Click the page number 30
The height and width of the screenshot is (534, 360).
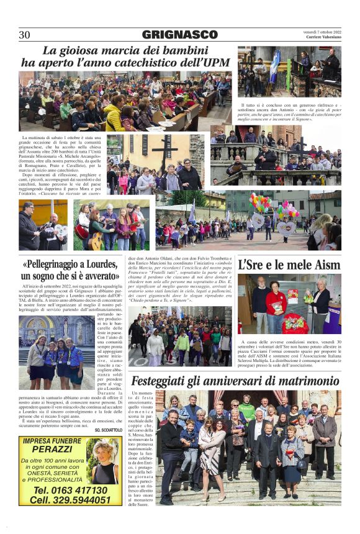(24, 35)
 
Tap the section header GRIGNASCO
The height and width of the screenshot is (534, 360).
(179, 35)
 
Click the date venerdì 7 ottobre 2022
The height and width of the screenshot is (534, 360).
(322, 30)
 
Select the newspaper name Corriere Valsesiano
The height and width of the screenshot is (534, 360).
(323, 37)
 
